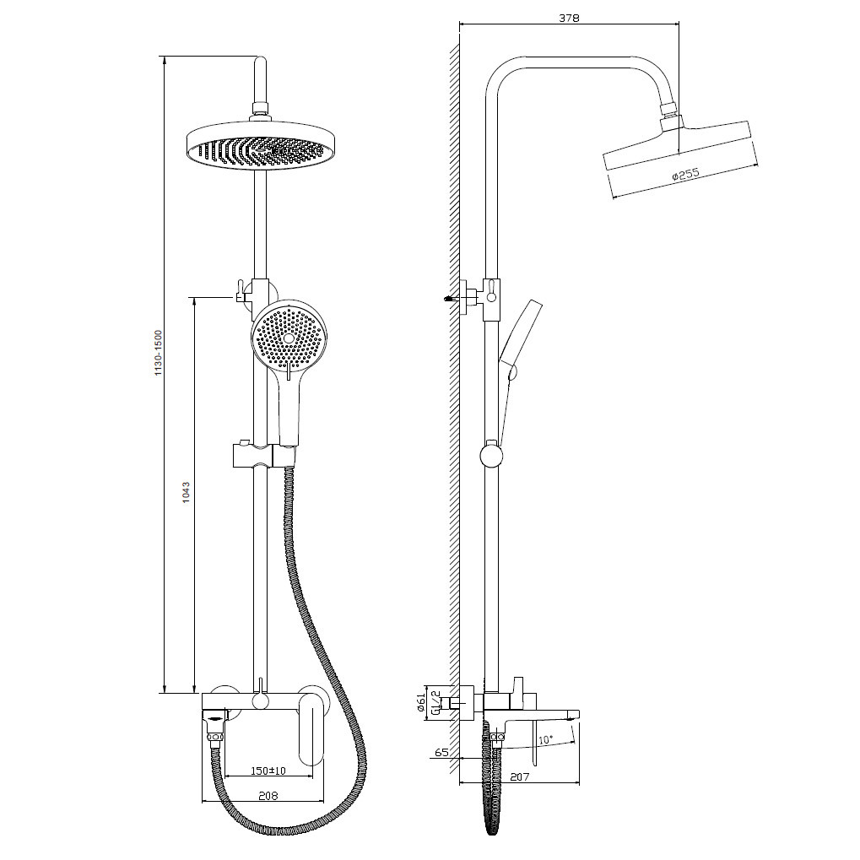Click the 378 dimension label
click(569, 18)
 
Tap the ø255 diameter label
click(685, 175)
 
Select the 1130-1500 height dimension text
click(159, 353)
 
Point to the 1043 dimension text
click(186, 493)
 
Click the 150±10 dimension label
click(268, 771)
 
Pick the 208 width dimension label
click(268, 796)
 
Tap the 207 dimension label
click(519, 776)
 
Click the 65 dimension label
click(441, 752)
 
